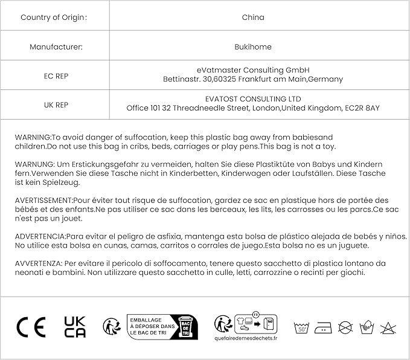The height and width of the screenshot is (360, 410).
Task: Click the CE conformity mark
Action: click(x=31, y=327)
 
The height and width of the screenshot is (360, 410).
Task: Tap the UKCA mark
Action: click(x=75, y=327)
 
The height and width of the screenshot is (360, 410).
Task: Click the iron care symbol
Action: click(x=324, y=327)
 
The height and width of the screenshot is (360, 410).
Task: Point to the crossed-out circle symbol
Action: click(x=345, y=327)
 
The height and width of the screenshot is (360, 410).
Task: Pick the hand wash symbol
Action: click(x=367, y=327)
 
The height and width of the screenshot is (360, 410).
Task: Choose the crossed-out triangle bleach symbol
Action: click(x=388, y=327)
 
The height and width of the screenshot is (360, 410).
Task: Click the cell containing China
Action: click(x=252, y=18)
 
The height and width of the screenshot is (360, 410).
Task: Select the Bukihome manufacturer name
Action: click(x=252, y=47)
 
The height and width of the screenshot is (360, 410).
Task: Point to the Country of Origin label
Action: click(x=53, y=18)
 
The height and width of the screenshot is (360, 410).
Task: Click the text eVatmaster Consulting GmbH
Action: click(x=252, y=70)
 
